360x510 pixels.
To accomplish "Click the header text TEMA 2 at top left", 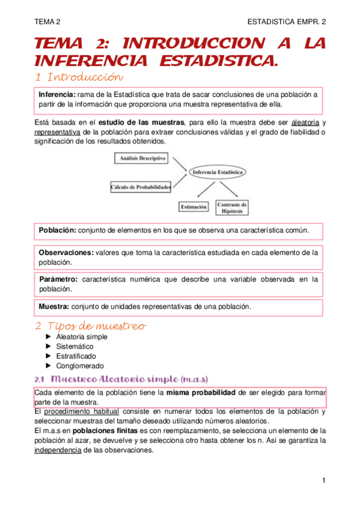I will tap(47, 21).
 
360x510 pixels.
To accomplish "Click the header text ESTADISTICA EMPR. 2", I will tap(286, 21).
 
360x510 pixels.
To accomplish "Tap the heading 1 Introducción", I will tap(79, 78).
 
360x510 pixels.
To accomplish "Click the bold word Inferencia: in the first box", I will tap(57, 95).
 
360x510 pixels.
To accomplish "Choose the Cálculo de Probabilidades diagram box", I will tap(141, 187).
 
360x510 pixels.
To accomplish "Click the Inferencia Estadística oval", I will tap(218, 173).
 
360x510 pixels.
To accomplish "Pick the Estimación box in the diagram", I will tap(194, 207).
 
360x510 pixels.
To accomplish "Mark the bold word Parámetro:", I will tap(58, 280).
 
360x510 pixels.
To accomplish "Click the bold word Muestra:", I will tap(54, 306).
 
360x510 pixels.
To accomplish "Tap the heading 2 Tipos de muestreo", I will tap(90, 326).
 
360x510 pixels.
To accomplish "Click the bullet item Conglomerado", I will tap(80, 366).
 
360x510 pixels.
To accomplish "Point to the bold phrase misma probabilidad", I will tap(201, 393).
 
